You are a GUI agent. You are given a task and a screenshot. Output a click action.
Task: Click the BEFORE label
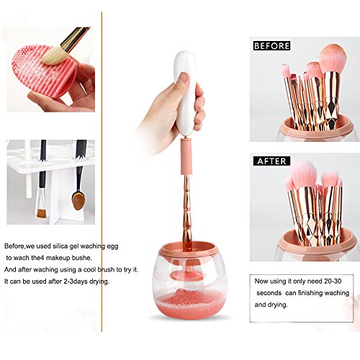[271, 45]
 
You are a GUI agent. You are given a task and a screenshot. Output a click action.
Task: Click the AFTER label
[271, 161]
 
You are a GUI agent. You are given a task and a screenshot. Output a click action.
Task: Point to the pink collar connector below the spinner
[186, 157]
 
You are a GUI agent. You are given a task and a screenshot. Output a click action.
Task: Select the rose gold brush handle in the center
[187, 211]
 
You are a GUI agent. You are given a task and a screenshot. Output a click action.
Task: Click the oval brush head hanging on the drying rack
[78, 199]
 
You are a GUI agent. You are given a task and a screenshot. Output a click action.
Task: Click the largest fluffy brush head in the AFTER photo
[304, 174]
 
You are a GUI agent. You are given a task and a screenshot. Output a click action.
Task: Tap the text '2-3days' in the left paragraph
[76, 282]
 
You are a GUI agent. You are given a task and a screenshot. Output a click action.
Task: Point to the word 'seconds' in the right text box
[269, 293]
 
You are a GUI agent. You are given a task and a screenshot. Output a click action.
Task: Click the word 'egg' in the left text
[112, 247]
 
